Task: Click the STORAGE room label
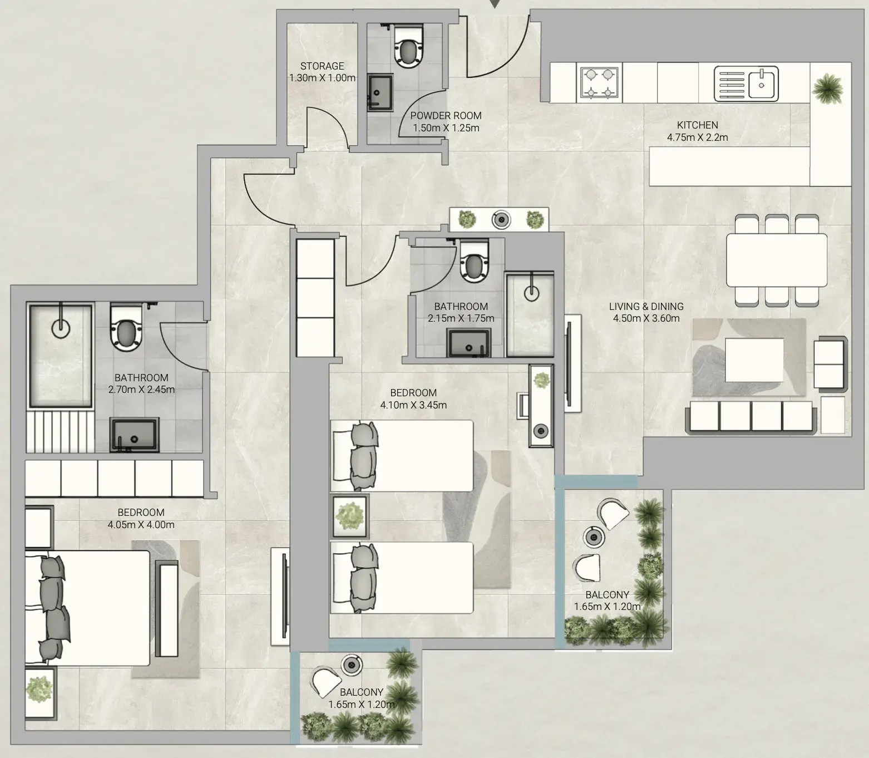coord(322,66)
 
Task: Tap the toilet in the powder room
coord(408,46)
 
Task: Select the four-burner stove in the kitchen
coord(599,83)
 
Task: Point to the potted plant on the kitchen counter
coord(827,88)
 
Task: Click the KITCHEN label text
coord(698,125)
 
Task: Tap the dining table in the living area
coord(777,260)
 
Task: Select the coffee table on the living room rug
coord(754,360)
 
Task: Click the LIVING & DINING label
coord(646,306)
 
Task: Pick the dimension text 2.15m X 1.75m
coord(461,318)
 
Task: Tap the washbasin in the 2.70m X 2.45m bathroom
coord(135,434)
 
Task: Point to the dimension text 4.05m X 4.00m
coord(141,525)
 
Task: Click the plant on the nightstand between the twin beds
coord(350,516)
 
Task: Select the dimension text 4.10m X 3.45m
coord(413,405)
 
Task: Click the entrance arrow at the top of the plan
coord(495,3)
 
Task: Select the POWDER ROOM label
coord(446,116)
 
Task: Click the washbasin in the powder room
coord(381,92)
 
